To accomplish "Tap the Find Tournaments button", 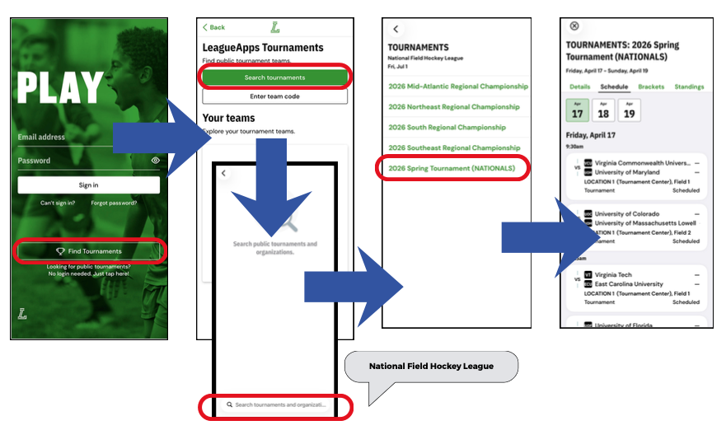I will tap(89, 251).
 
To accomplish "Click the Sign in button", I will tap(89, 185).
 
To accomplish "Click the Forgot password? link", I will tap(115, 203).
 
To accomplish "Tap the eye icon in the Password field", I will tap(156, 161).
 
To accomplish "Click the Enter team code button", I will tap(274, 97).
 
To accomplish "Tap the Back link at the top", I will tap(214, 27).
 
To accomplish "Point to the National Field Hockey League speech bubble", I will tap(431, 366).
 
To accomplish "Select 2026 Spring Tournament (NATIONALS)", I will tap(452, 169).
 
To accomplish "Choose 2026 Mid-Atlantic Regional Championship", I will tap(457, 86).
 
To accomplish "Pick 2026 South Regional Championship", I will tap(447, 128).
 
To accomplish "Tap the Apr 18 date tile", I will tap(603, 110).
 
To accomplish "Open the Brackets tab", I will tap(651, 86).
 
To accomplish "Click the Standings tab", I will tap(689, 86).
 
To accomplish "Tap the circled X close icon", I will tap(574, 26).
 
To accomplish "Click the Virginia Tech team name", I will tap(614, 275).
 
